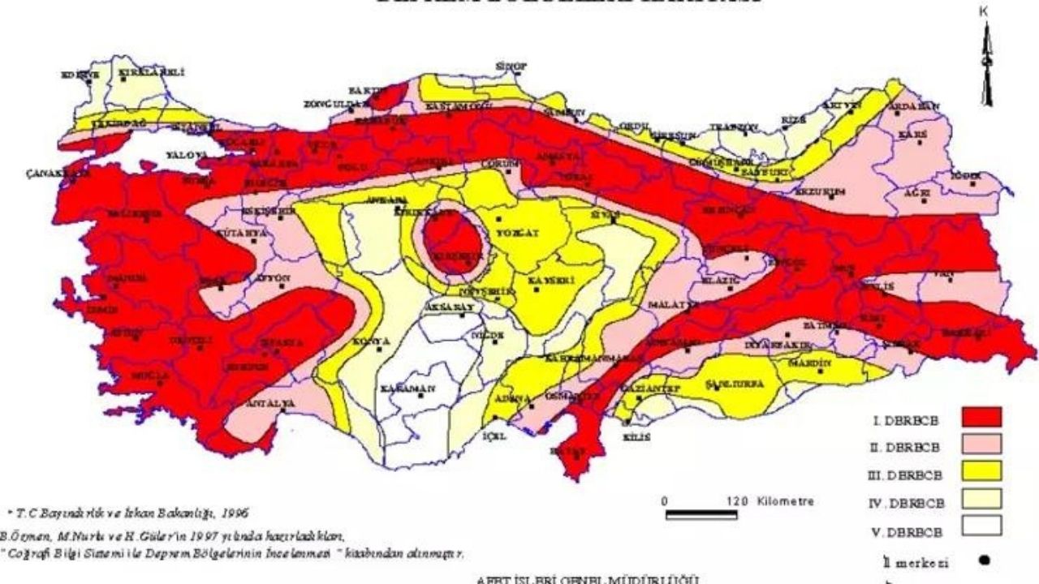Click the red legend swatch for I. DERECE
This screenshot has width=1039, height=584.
(981, 417)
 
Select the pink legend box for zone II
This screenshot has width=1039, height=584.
(981, 444)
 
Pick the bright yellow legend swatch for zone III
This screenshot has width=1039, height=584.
(981, 471)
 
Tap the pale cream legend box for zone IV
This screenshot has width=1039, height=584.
(981, 499)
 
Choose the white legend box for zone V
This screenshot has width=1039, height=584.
(981, 526)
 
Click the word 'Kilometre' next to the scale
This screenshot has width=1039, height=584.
(785, 501)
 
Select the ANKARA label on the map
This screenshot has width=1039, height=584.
(382, 199)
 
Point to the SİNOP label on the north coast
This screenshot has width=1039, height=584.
(513, 66)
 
